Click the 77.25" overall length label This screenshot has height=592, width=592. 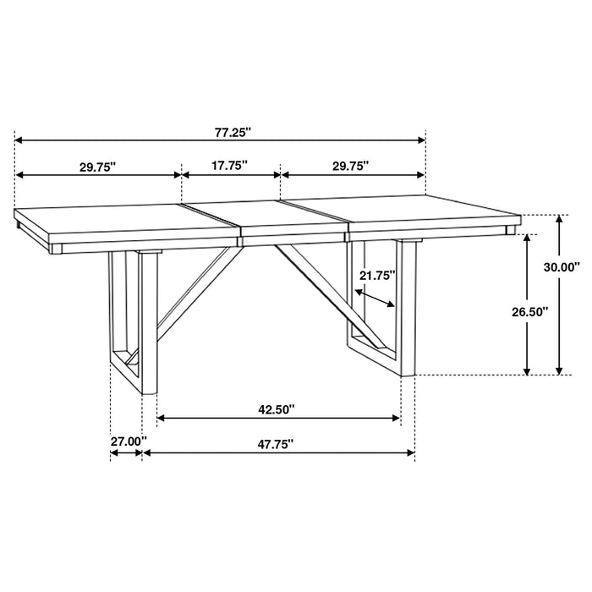click(x=233, y=131)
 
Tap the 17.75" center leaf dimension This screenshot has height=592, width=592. click(x=229, y=166)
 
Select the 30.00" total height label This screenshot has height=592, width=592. click(x=562, y=267)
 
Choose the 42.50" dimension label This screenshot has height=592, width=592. click(x=277, y=410)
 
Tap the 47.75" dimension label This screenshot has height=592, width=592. click(x=277, y=442)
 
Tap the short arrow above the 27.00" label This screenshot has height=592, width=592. click(x=126, y=453)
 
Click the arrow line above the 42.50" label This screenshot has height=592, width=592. click(x=279, y=418)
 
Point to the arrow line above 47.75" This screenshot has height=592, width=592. click(x=279, y=454)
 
